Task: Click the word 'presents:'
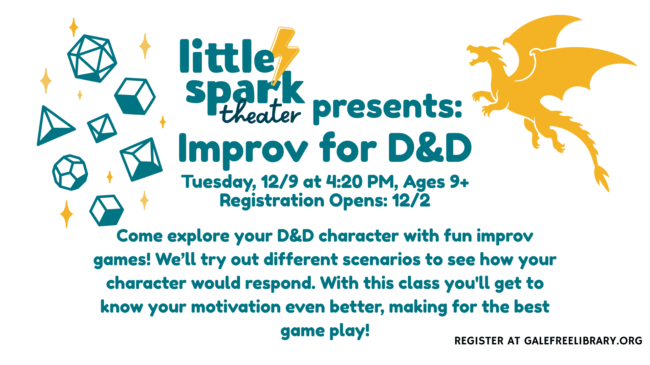pyautogui.click(x=387, y=107)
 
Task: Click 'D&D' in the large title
pyautogui.click(x=429, y=147)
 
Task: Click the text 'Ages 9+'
pyautogui.click(x=436, y=182)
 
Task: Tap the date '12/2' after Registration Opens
pyautogui.click(x=411, y=201)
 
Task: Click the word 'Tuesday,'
pyautogui.click(x=219, y=182)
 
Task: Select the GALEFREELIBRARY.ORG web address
pyautogui.click(x=583, y=341)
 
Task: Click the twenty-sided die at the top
pyautogui.click(x=92, y=58)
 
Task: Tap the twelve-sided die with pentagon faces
pyautogui.click(x=70, y=173)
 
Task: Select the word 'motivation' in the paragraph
pyautogui.click(x=236, y=307)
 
